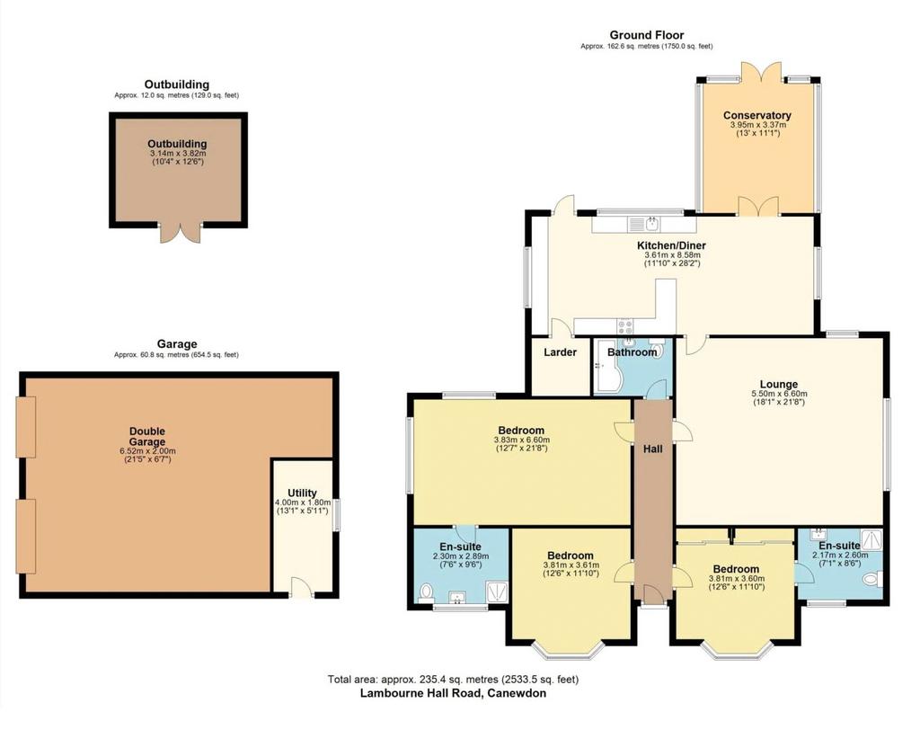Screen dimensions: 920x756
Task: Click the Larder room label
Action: [561, 352]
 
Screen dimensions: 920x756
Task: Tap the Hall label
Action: [653, 449]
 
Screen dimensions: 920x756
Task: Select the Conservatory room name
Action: [756, 116]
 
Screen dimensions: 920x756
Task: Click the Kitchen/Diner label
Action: [672, 246]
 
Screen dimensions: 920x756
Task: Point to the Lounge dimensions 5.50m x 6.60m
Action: [779, 394]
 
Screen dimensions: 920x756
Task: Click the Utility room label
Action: [302, 493]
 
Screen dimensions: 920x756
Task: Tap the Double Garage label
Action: [147, 437]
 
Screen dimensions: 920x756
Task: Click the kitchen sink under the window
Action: [644, 224]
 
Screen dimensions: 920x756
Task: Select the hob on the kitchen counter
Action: [625, 325]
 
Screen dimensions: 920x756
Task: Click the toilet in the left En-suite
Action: [427, 592]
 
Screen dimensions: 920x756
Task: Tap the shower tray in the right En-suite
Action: [871, 538]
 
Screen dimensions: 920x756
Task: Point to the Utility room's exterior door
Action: [300, 588]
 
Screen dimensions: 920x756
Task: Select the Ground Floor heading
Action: [647, 35]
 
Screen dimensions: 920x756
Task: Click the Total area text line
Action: [453, 680]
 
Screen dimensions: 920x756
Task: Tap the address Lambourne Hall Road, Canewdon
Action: [453, 693]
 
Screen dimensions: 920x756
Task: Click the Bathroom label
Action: [632, 352]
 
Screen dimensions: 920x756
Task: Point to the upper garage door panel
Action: [26, 427]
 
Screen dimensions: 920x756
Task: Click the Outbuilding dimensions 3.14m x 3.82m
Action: [178, 153]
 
